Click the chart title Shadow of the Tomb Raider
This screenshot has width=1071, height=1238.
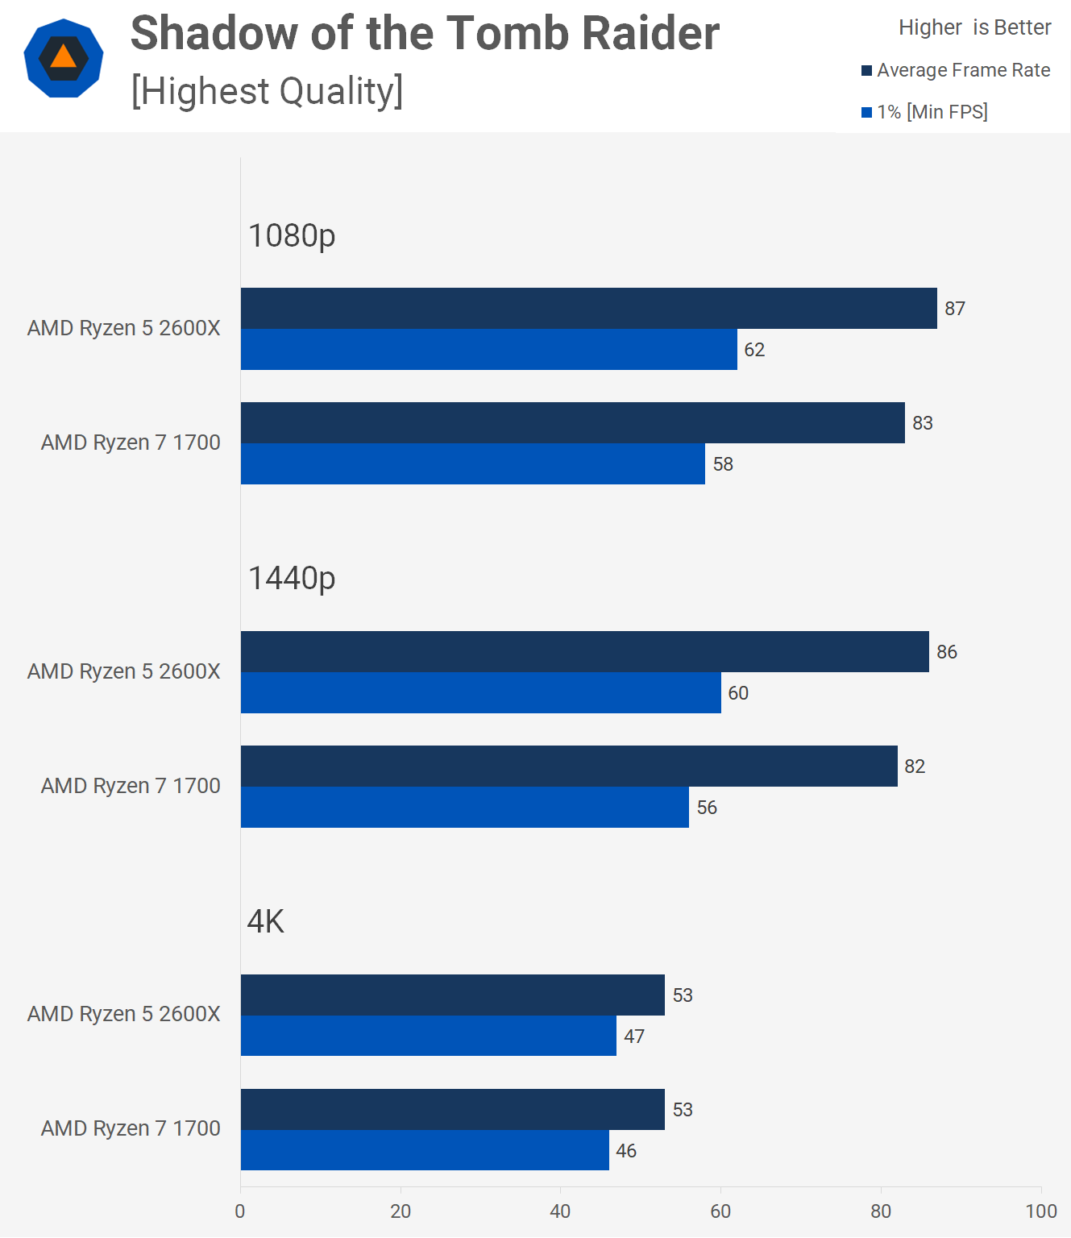tap(425, 34)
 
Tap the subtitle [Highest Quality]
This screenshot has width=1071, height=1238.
tap(267, 91)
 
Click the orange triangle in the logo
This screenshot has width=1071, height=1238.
tap(63, 57)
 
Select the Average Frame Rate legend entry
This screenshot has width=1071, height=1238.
tap(956, 70)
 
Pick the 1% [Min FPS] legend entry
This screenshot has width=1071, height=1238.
tap(924, 112)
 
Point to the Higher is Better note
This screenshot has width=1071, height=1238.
tap(974, 27)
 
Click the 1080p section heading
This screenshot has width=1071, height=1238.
tap(292, 235)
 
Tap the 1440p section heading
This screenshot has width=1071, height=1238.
tap(292, 578)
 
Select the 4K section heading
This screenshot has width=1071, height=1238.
tap(266, 921)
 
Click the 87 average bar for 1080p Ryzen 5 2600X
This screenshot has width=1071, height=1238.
tap(588, 308)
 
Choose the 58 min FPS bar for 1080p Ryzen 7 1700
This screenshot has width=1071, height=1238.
tap(472, 463)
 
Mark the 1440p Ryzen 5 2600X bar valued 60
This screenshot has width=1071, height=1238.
tap(480, 692)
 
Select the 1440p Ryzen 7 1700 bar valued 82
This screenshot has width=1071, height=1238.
tap(569, 766)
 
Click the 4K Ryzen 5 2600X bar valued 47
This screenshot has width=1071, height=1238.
tap(428, 1036)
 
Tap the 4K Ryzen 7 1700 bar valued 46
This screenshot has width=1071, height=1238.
tap(425, 1150)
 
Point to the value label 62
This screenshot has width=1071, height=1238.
tap(754, 350)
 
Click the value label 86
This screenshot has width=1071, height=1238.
tap(947, 652)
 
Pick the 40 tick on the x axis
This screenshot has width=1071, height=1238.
tap(560, 1211)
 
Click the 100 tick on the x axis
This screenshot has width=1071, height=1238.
tap(1040, 1211)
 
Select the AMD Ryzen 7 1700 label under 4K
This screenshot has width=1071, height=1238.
tap(131, 1128)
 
